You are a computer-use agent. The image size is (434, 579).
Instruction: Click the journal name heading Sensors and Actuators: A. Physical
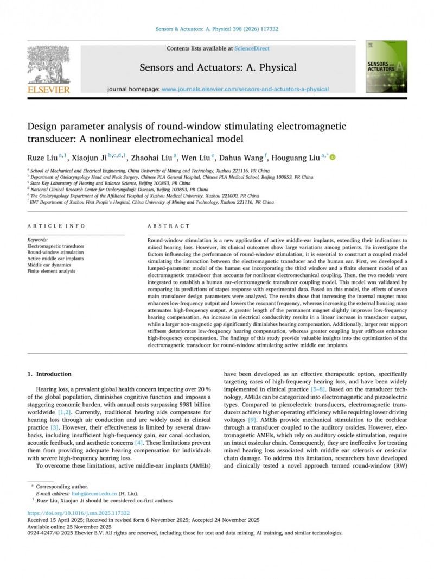218,68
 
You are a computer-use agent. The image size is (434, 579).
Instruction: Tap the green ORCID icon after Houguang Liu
332,158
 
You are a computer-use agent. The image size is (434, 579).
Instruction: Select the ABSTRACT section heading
169,226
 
